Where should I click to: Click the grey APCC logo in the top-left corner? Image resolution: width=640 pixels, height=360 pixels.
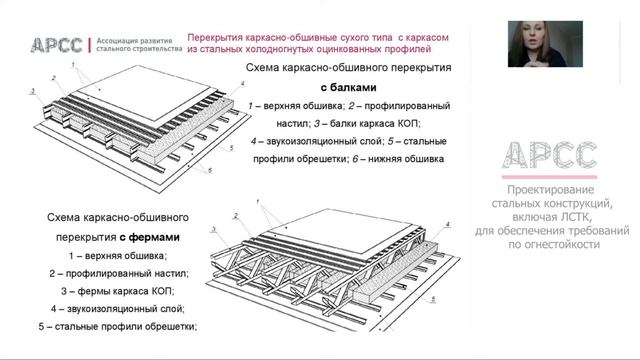coord(56,45)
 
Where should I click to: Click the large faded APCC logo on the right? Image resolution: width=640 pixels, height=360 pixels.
coord(549,156)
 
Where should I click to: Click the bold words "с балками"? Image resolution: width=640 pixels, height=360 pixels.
coord(348,87)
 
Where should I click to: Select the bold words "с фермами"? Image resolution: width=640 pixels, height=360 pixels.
coord(149,237)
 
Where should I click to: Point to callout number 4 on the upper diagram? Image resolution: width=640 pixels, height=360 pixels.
coord(242,84)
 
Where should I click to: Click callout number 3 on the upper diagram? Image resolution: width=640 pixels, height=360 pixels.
coord(33,91)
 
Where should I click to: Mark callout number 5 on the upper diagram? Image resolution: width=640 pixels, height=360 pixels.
coord(231,148)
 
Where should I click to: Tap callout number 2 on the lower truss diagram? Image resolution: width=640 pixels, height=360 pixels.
coord(236,216)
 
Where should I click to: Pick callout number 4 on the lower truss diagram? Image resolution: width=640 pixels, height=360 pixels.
coord(447,224)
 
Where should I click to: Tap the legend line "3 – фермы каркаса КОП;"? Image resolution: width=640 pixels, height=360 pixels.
coord(118,291)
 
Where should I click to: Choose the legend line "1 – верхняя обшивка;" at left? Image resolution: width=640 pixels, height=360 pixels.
coord(118,256)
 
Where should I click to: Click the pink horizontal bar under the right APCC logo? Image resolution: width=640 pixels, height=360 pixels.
coord(549,177)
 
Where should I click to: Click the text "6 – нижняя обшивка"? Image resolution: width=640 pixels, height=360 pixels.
coord(398,159)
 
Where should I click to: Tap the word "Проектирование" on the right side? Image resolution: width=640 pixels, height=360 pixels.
coord(551,190)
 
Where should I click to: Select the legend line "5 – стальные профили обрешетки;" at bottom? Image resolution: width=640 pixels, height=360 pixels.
coord(118,327)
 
